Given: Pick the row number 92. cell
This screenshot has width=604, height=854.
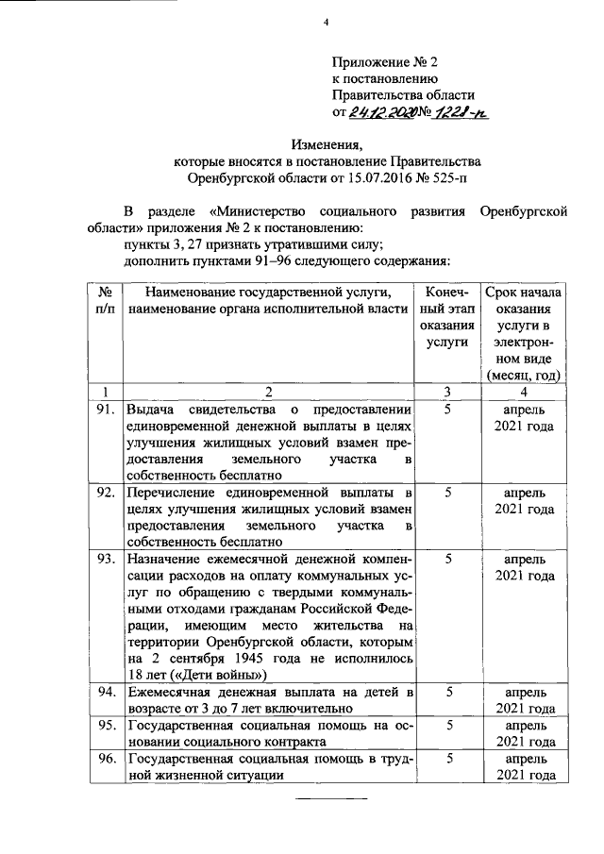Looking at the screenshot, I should (107, 493).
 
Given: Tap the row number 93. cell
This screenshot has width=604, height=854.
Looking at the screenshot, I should (107, 559).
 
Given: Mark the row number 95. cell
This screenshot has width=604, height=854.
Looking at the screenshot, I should (107, 725).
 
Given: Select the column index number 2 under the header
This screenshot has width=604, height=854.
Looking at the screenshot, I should (268, 392).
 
